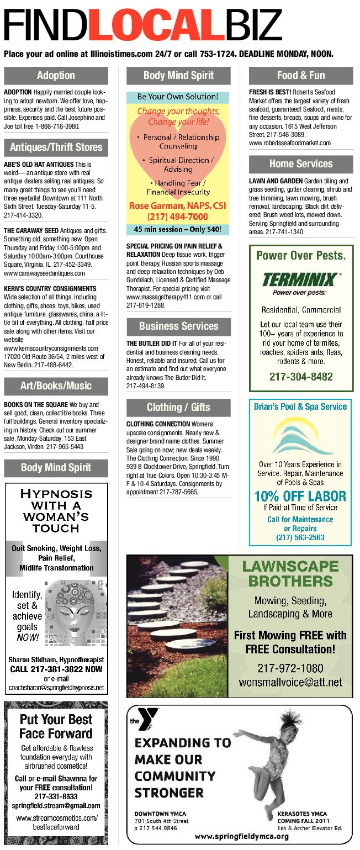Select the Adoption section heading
(x=56, y=75)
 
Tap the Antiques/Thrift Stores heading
(x=56, y=147)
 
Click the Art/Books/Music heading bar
(x=56, y=386)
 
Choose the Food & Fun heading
(x=301, y=75)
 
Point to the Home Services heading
(x=301, y=163)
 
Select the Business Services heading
(x=178, y=326)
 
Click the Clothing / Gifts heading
(x=178, y=408)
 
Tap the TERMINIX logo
(x=301, y=278)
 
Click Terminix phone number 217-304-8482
(x=301, y=377)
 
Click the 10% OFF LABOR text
(x=300, y=496)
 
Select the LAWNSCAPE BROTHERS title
(x=290, y=573)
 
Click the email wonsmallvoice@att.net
(x=290, y=682)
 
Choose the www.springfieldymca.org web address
(x=242, y=837)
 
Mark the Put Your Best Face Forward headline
(x=56, y=726)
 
